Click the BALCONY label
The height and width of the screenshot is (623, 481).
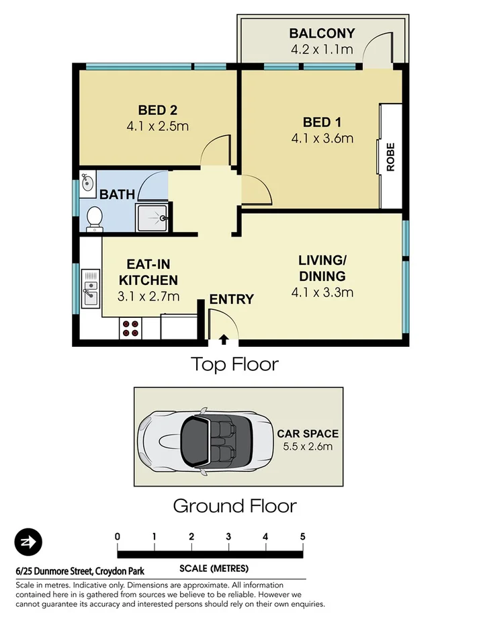(322, 34)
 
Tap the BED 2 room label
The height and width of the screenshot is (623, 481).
(158, 110)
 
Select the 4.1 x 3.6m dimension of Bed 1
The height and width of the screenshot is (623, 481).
(322, 139)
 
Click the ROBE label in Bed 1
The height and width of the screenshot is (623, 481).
(390, 158)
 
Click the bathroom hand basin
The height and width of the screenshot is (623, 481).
(87, 183)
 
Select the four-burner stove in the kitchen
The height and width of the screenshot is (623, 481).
(130, 328)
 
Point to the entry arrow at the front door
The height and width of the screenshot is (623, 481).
(224, 339)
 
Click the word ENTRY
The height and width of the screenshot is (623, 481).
(231, 300)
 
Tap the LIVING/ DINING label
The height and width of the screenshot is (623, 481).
(322, 268)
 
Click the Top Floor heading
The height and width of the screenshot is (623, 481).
(234, 364)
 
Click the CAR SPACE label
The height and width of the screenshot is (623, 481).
(308, 433)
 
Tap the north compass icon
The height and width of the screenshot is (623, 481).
(28, 542)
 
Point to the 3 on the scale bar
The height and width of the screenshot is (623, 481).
(228, 536)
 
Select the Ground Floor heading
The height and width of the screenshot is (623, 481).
(234, 505)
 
